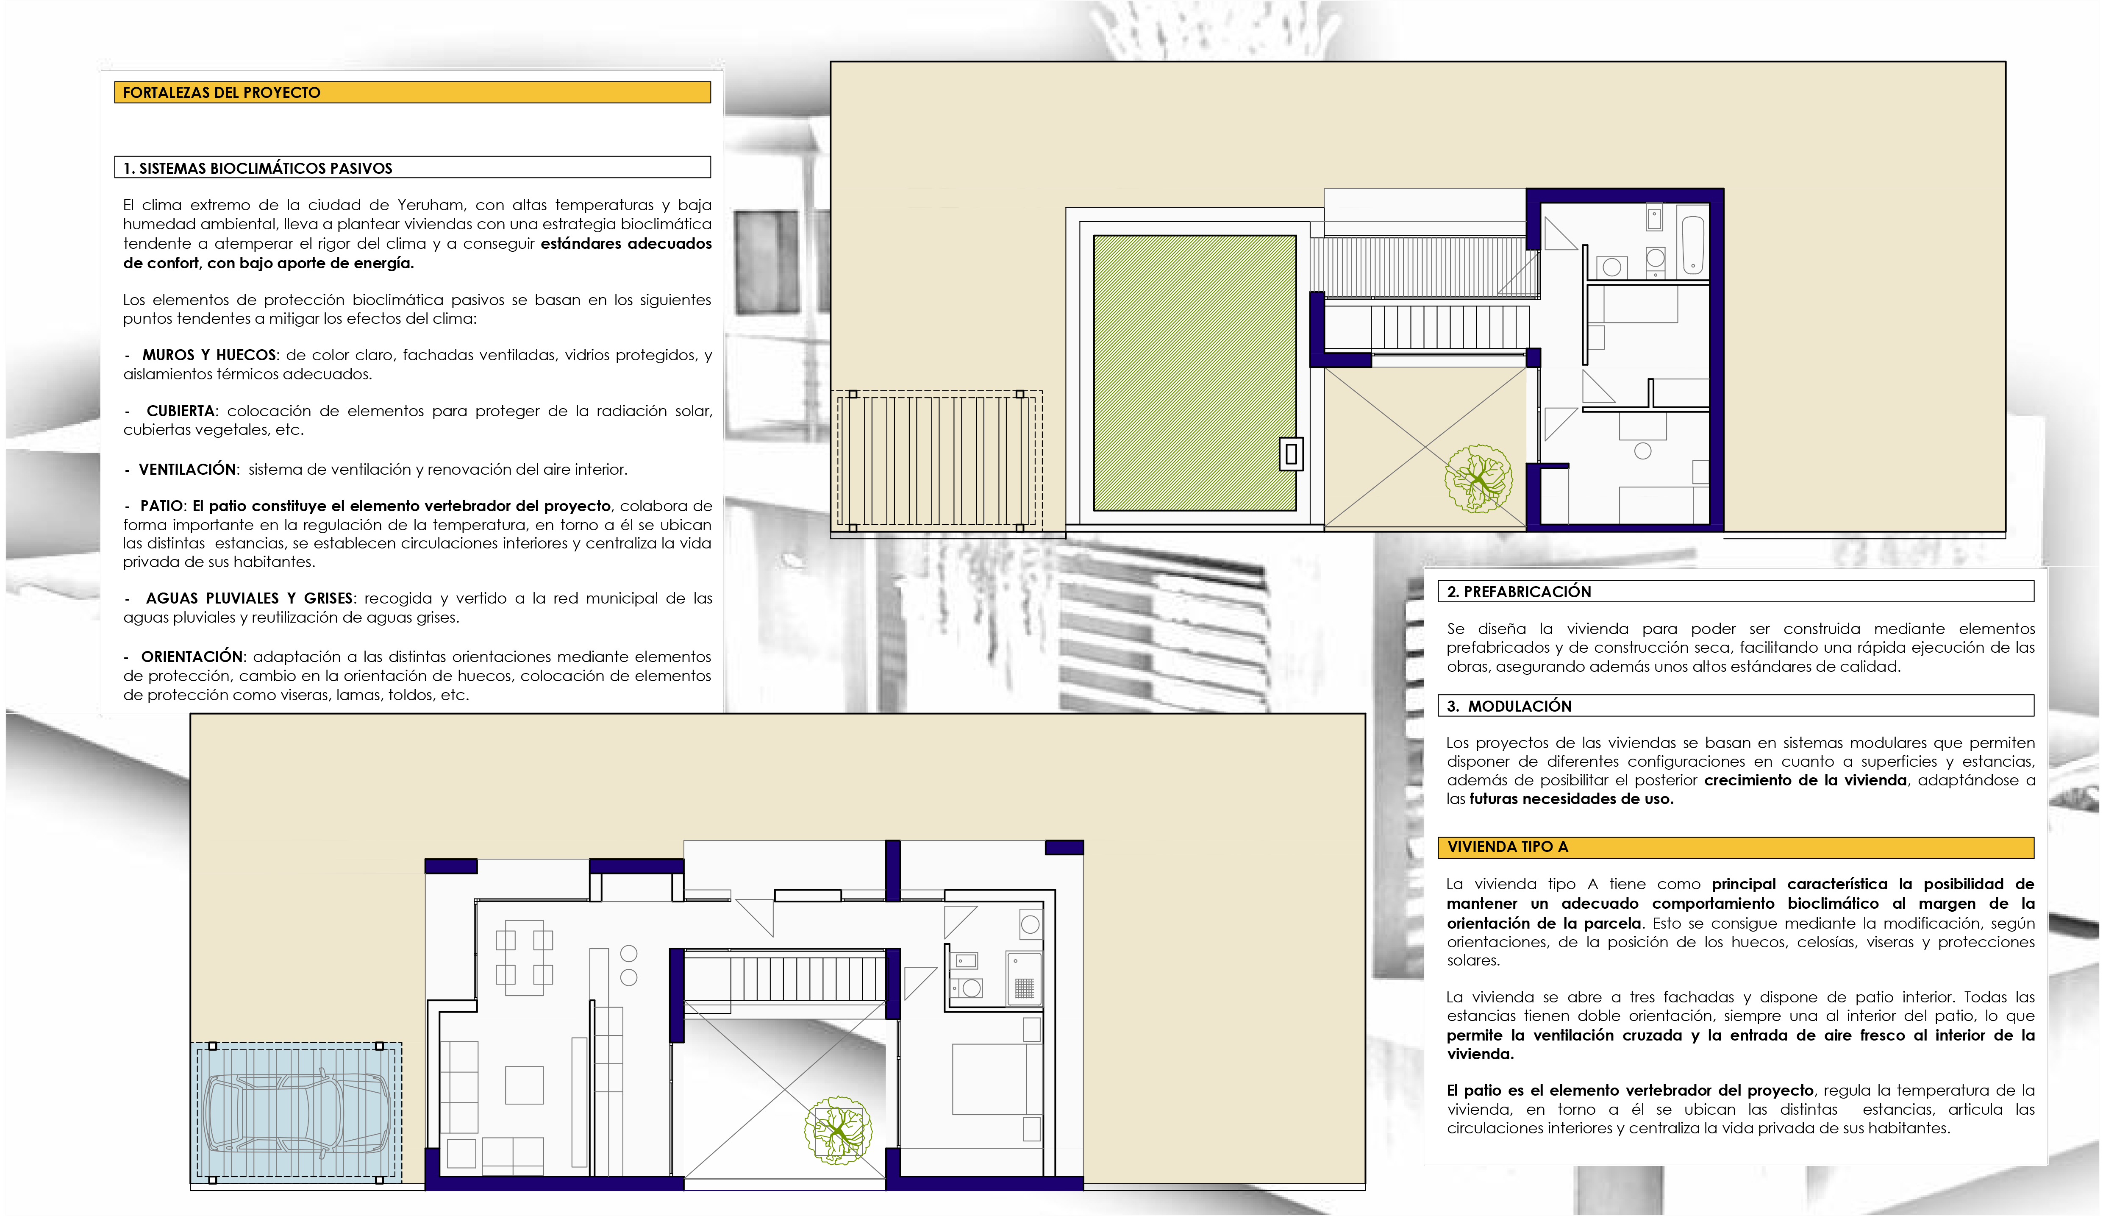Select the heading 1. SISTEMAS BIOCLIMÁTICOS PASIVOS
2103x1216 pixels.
[x=257, y=168]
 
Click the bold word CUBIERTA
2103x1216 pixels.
[x=181, y=411]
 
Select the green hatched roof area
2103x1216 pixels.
[x=1194, y=372]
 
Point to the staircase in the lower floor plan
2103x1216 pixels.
[x=784, y=978]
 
